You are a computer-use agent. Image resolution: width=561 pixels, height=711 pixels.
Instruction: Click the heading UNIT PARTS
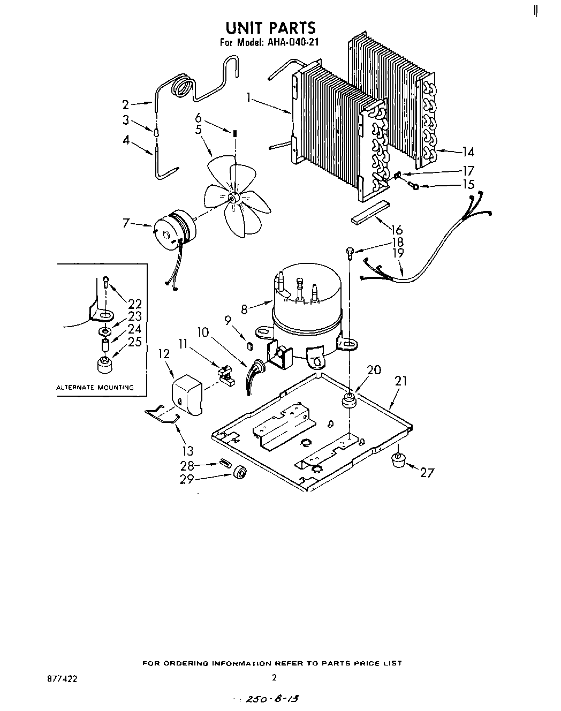click(270, 27)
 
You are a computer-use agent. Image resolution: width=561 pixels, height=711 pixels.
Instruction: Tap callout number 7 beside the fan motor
click(126, 222)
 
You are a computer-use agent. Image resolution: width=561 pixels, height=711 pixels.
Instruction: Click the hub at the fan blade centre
click(233, 198)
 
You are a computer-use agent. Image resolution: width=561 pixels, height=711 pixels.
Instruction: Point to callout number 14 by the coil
click(468, 152)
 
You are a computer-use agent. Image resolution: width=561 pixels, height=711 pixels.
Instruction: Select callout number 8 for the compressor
click(244, 309)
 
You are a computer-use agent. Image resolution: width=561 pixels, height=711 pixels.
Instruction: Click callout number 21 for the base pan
click(401, 381)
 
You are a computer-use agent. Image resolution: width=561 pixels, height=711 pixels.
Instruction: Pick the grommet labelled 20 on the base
click(349, 399)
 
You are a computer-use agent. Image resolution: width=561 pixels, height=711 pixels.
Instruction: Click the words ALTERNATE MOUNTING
click(95, 387)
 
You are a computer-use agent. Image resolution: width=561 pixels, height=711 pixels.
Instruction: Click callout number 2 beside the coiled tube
click(125, 105)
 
